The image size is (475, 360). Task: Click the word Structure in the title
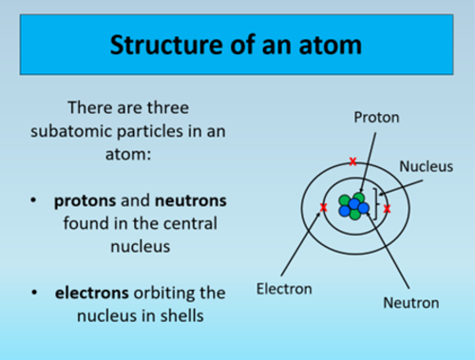(x=161, y=44)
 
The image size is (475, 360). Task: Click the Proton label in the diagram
(x=376, y=118)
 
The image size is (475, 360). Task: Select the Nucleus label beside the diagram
(x=425, y=165)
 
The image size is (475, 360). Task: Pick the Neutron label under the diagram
(x=410, y=303)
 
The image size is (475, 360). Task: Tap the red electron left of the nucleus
(x=324, y=207)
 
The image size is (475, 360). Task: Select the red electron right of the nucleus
(x=387, y=207)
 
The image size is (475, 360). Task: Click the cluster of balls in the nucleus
(x=354, y=206)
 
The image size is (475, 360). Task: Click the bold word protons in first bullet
(x=83, y=202)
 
